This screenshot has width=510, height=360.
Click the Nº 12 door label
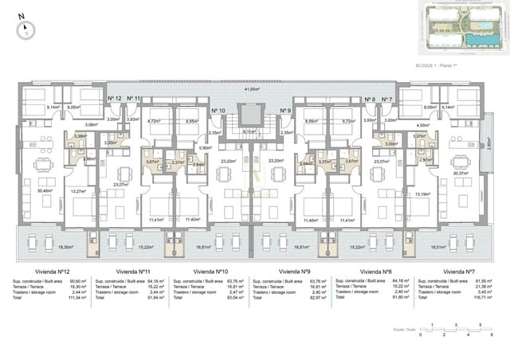[x=114, y=99]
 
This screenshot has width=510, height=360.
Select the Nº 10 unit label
[x=218, y=111]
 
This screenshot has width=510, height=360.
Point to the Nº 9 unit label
[x=285, y=111]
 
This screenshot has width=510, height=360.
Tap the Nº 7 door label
[x=386, y=99]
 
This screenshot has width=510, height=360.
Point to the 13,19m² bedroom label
[x=422, y=193]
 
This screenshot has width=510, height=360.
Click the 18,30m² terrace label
[x=43, y=247]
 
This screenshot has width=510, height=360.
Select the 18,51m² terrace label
[x=461, y=247]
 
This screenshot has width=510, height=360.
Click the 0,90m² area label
[x=205, y=148]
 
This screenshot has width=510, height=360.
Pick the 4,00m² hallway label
[x=422, y=125]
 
